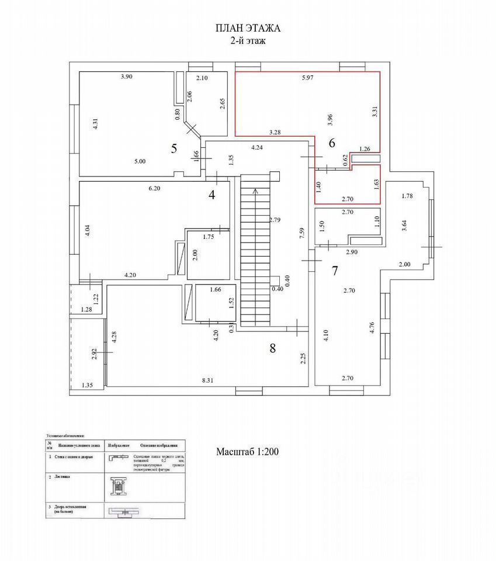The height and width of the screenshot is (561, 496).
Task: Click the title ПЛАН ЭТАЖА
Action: coord(248,29)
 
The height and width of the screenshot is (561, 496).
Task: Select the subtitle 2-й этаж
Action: coord(248,40)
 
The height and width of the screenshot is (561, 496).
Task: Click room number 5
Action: coord(174,148)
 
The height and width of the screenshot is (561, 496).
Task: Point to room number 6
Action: coord(332,143)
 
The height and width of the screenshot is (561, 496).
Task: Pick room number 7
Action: coord(335,271)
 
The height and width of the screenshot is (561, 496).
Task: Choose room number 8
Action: coord(272,348)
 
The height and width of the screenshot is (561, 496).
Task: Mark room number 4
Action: coord(211,195)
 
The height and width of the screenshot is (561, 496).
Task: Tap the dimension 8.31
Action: coord(207,380)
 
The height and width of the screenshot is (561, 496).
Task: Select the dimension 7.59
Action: coord(301,233)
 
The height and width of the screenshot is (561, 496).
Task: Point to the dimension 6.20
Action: coord(155,188)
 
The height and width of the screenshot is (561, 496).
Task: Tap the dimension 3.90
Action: coord(127,77)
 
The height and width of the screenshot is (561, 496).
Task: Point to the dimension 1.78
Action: coord(407,196)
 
